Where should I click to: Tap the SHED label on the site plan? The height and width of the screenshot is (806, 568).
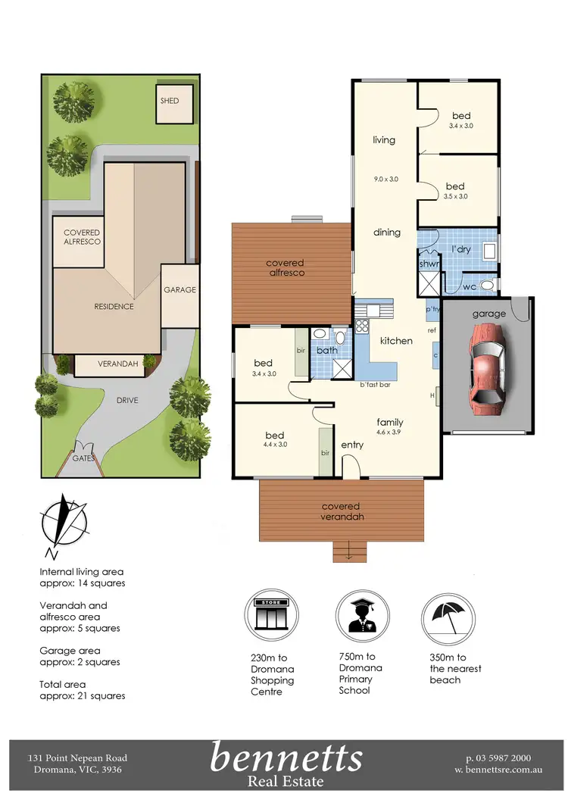pos(170,100)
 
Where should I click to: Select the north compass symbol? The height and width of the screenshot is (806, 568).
pos(64,522)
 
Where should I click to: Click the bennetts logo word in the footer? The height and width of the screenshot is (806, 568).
pos(286,758)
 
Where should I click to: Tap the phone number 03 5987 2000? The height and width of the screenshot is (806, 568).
pos(500,758)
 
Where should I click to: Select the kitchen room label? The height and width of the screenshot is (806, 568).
pos(396,341)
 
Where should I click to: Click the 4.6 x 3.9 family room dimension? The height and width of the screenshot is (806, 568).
pos(390,433)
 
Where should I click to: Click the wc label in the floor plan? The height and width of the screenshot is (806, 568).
pos(469,286)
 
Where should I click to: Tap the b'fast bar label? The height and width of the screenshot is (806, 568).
pos(374,386)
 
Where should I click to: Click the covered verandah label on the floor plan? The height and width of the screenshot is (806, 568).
pos(341,511)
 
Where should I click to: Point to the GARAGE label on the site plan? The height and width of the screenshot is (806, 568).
pos(180,289)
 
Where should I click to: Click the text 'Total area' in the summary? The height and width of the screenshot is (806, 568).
pos(63,685)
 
